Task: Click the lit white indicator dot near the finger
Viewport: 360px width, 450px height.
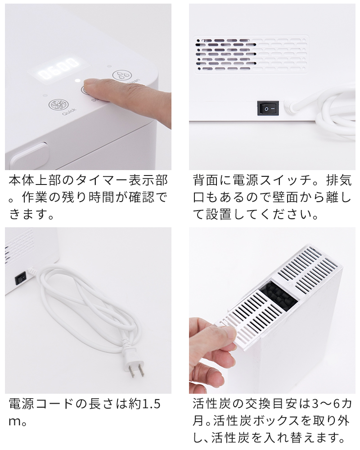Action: pos(77,81)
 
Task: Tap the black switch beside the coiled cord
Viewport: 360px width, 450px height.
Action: pos(20,278)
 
